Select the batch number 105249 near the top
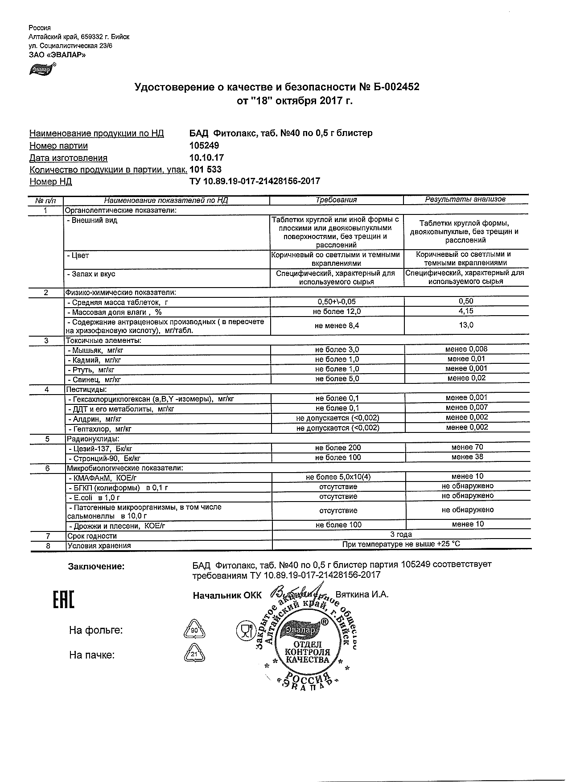click(204, 146)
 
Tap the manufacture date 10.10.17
click(206, 158)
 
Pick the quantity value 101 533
click(206, 170)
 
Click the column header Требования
click(336, 200)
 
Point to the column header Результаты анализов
click(465, 199)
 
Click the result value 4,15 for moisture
click(466, 311)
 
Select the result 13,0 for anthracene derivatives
click(466, 325)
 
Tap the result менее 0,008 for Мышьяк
click(466, 349)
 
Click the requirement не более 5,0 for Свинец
click(337, 379)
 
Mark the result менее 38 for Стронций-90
click(467, 457)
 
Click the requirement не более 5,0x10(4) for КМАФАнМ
click(338, 477)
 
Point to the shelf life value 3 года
click(401, 535)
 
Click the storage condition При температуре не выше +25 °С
click(401, 544)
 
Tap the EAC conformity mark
click(64, 600)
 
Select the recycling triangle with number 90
click(194, 630)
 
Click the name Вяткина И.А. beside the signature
click(362, 595)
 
